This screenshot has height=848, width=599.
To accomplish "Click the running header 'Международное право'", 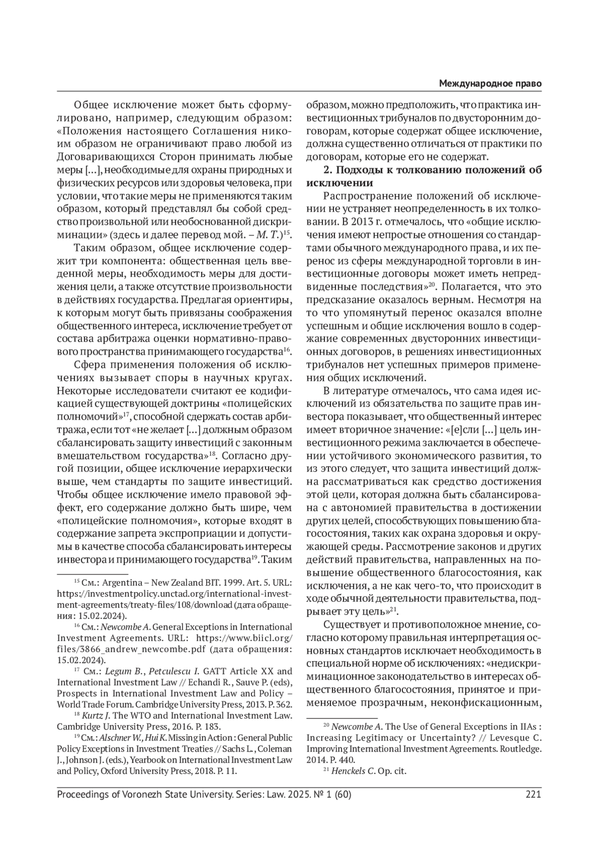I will click(x=490, y=83).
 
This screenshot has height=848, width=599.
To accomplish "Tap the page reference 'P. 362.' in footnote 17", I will click(x=278, y=704).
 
